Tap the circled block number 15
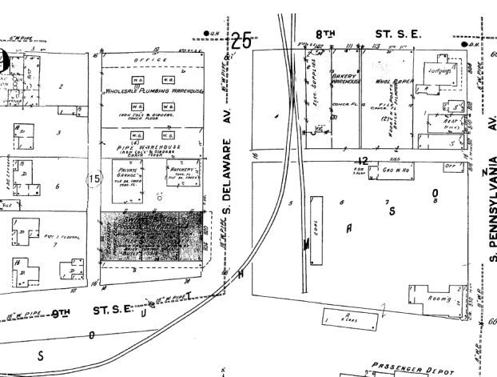pyautogui.click(x=95, y=179)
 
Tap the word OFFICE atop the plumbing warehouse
pyautogui.click(x=151, y=61)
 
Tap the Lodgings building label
pyautogui.click(x=443, y=70)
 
